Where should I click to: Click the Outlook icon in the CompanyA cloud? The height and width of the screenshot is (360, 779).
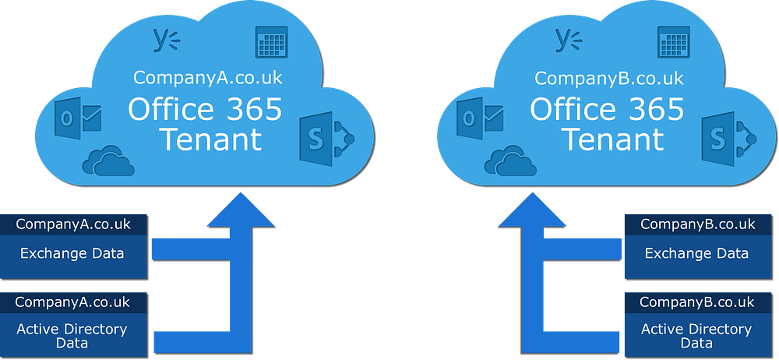tap(79, 119)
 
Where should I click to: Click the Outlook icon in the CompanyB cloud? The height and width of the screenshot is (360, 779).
tap(482, 119)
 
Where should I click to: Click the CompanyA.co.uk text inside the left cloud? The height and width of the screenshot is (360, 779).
tap(207, 78)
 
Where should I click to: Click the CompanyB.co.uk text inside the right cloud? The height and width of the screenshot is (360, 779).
tap(609, 78)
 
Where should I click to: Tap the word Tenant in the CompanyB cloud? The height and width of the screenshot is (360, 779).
tap(612, 140)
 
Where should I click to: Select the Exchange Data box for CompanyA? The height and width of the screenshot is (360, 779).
tap(72, 253)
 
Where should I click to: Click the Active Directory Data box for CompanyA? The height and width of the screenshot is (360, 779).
tap(72, 336)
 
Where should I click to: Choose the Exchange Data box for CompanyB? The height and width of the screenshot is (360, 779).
tap(696, 253)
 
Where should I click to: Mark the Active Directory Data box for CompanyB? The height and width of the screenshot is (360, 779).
tap(696, 336)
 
